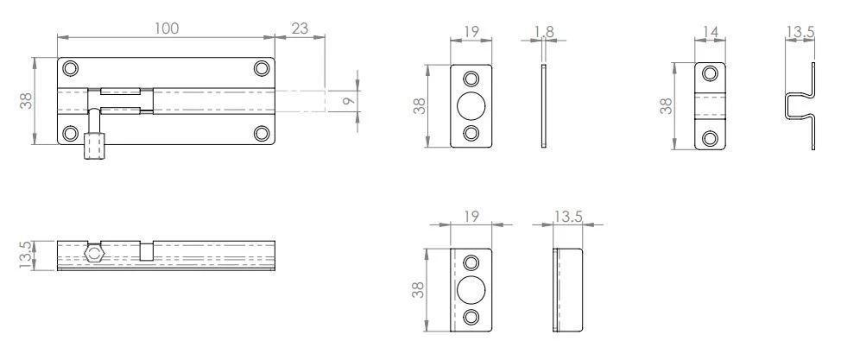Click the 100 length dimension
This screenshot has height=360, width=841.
point(166,28)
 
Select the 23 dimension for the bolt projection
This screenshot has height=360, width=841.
point(300,28)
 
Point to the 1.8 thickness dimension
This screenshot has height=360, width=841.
point(544,31)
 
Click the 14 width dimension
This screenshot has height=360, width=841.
point(711,31)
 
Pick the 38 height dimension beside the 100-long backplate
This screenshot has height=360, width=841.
point(25,101)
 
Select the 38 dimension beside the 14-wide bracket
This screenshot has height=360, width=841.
point(667,105)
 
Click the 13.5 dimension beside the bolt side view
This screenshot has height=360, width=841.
point(25,255)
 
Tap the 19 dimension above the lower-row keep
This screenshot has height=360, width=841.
point(471,216)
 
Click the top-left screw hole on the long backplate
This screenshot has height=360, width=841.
point(71,68)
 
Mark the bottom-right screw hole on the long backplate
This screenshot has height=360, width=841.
point(262,133)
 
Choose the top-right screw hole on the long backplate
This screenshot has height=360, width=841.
point(262,68)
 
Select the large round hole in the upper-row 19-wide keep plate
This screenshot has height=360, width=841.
point(471,105)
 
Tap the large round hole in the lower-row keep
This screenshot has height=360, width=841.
point(471,289)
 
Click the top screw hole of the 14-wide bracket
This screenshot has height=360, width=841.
point(711,74)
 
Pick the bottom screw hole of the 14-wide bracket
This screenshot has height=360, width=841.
point(711,137)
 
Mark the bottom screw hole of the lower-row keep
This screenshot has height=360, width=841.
point(471,316)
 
